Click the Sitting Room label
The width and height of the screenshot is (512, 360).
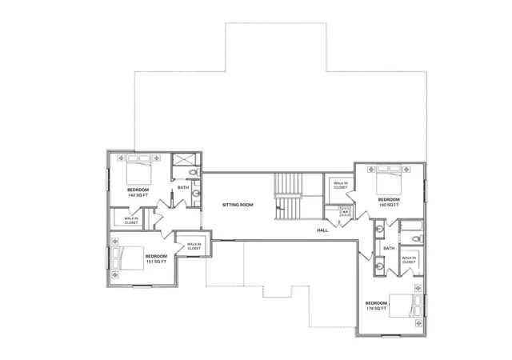238,205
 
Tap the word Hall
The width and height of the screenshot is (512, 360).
322,230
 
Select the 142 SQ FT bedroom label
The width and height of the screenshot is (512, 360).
138,193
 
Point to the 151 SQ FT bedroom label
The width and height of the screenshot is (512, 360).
156,258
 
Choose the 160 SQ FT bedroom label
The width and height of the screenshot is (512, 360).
389,202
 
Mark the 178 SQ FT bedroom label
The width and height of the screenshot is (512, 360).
376,306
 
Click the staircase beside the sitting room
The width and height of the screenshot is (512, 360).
288,196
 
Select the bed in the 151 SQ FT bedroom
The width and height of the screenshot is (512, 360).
128,258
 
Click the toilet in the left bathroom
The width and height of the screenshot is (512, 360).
194,172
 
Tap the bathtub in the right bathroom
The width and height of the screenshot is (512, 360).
411,226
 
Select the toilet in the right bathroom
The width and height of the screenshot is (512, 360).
418,238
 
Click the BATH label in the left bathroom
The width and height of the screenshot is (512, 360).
183,187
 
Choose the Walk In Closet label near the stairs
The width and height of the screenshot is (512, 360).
341,186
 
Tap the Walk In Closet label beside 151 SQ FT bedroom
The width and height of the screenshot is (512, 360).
194,246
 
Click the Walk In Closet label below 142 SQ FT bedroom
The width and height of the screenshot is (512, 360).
131,221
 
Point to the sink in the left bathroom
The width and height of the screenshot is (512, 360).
196,194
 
